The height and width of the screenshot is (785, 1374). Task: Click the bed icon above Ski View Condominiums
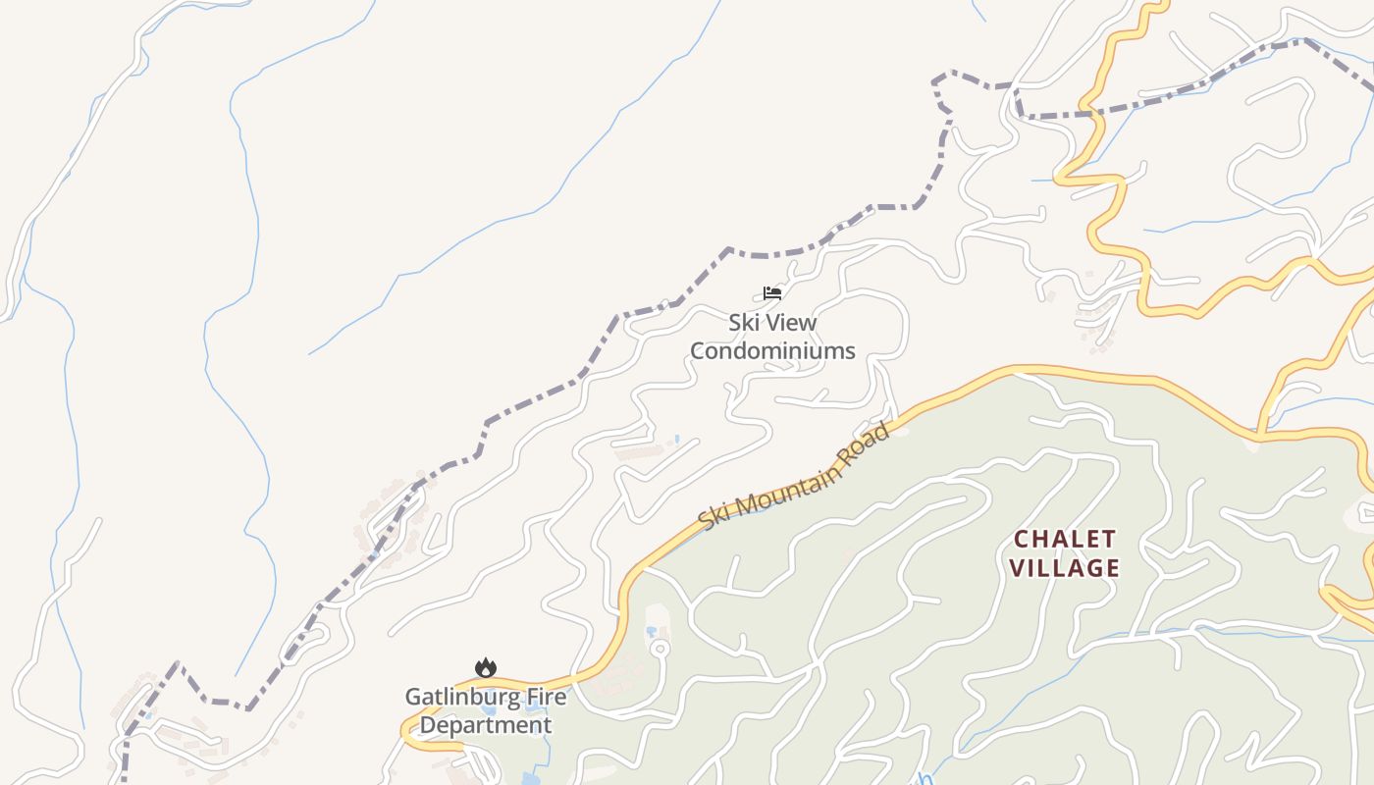coord(772,292)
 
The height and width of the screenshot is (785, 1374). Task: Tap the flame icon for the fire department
coord(486,668)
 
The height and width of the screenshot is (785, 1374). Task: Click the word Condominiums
coord(772,350)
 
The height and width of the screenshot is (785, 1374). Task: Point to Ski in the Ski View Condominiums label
coord(743,322)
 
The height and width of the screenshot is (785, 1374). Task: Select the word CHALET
coord(1065,539)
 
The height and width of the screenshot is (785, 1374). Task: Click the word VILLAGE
coord(1065,568)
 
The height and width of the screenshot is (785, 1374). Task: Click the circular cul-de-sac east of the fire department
coord(660,648)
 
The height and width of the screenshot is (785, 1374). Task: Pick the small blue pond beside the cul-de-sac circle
coord(650,630)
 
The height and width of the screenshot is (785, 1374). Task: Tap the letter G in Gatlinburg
coord(413,698)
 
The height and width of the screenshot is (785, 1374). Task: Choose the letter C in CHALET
coord(1021,539)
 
